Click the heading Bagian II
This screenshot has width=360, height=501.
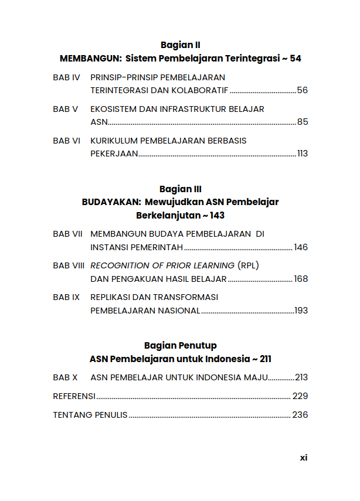click(x=180, y=45)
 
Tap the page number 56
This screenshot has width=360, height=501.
click(x=303, y=90)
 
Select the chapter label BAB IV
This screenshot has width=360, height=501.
click(x=66, y=77)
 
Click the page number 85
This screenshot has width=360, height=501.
click(x=303, y=122)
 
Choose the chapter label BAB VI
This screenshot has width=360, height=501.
click(x=66, y=141)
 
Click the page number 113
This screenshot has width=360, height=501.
click(x=303, y=154)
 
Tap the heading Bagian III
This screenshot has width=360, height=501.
click(x=180, y=189)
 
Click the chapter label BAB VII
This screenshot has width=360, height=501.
click(x=67, y=234)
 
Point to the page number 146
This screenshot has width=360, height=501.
click(x=301, y=247)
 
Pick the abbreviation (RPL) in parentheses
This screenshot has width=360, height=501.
click(x=248, y=265)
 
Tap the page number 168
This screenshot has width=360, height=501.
click(x=301, y=279)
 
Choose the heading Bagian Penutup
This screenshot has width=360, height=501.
click(x=180, y=346)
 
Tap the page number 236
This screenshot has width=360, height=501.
click(x=300, y=415)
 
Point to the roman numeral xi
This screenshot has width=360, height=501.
click(x=303, y=458)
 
